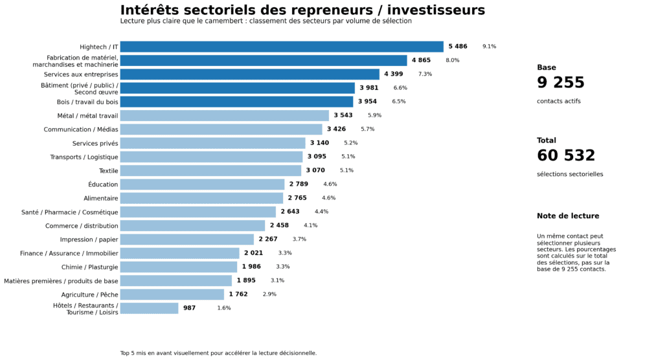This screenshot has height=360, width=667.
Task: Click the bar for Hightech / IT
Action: click(x=282, y=47)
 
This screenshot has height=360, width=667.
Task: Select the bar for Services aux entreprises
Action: click(x=249, y=74)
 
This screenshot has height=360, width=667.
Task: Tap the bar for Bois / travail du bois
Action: click(x=236, y=102)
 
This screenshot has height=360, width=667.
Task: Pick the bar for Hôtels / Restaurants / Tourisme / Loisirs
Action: click(x=149, y=308)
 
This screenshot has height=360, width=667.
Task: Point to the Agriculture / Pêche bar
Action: click(x=172, y=295)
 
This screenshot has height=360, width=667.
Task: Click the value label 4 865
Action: click(x=421, y=60)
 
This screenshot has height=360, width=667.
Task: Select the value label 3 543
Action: click(x=343, y=115)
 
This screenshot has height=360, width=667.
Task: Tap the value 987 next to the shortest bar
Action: click(x=189, y=308)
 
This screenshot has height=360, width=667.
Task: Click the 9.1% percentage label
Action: click(x=489, y=47)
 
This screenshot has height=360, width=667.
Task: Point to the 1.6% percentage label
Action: click(x=224, y=308)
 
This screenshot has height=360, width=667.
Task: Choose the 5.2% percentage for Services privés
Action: click(x=350, y=143)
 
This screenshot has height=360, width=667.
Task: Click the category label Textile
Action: click(x=108, y=171)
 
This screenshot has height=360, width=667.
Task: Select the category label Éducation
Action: click(x=103, y=185)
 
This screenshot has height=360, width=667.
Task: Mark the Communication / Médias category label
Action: click(x=81, y=129)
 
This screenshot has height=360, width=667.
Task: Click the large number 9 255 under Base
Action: click(x=560, y=83)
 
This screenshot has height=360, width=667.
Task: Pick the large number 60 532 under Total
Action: click(x=565, y=156)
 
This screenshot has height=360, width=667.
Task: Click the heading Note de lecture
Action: click(x=567, y=216)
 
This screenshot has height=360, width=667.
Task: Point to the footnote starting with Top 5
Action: click(x=218, y=354)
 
